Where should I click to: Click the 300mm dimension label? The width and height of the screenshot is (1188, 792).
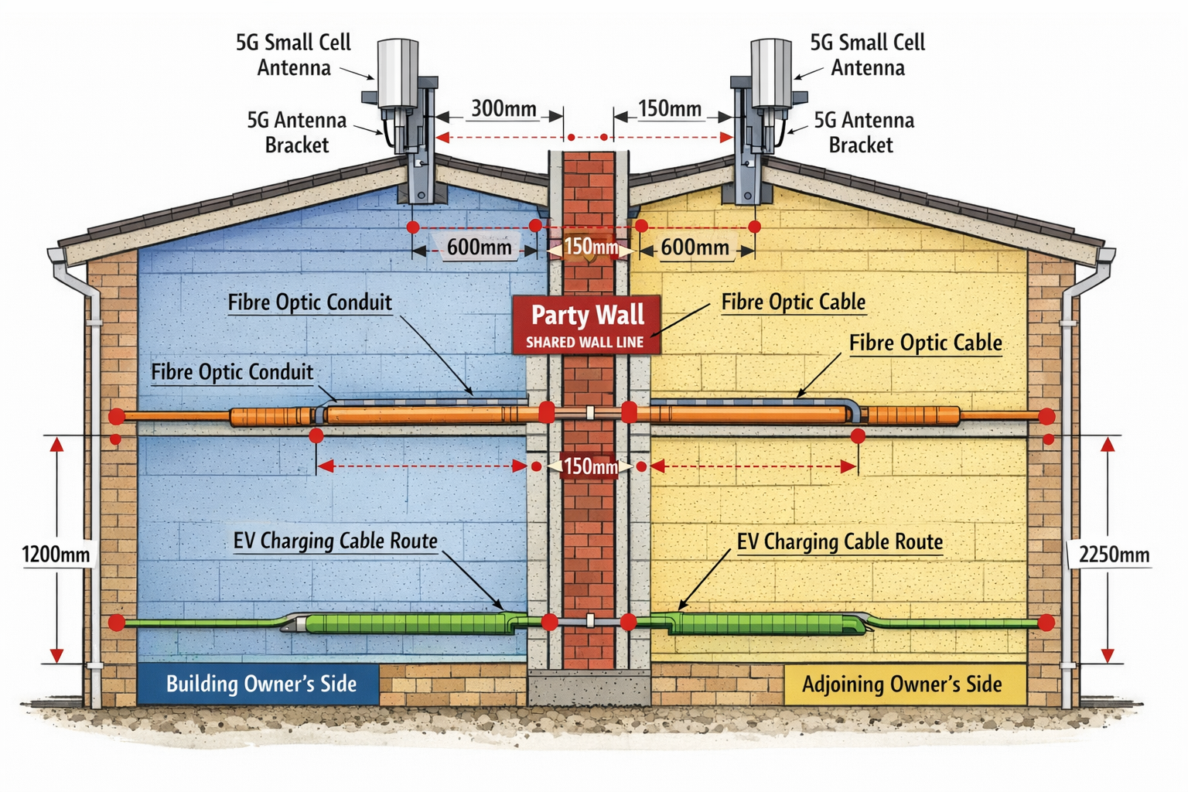(504, 108)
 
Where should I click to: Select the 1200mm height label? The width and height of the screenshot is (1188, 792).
(56, 555)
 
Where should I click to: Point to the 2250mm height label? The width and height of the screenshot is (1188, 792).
(1113, 555)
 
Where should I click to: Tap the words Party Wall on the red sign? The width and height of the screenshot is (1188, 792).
(587, 315)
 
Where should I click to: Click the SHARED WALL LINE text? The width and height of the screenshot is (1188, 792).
(585, 343)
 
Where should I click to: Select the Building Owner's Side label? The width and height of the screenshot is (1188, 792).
(261, 684)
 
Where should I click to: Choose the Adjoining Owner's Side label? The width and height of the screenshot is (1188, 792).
(902, 684)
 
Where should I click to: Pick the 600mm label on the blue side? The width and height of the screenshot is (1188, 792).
(480, 247)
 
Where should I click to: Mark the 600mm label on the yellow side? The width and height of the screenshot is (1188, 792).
(695, 247)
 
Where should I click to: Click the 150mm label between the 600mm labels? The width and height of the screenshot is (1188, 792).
(591, 247)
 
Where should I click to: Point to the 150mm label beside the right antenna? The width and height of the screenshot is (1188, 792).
(670, 108)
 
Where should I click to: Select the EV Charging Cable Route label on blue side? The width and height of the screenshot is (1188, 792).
(335, 541)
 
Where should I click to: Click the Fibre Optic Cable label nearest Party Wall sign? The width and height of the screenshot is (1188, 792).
(793, 302)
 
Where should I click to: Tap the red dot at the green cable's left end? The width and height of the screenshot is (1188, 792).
(117, 623)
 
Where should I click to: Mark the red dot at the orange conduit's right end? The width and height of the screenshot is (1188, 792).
(1046, 417)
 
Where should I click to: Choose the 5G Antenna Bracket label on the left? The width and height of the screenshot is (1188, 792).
(297, 132)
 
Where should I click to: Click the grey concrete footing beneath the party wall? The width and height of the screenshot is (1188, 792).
(589, 687)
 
